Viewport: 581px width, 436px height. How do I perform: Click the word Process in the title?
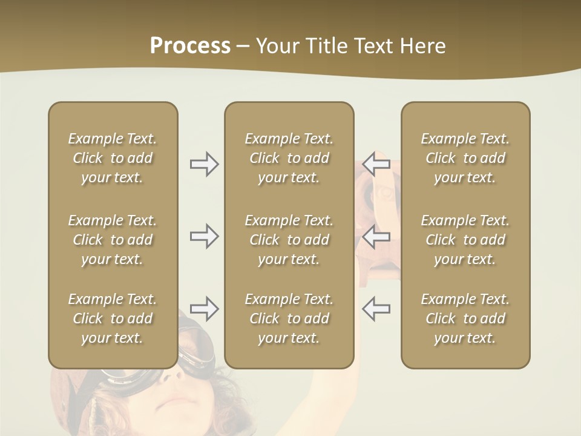[190, 46]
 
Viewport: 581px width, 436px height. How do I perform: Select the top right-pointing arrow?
[205, 164]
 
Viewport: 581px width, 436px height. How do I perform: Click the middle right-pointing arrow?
[205, 236]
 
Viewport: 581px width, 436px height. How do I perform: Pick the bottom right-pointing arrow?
[205, 309]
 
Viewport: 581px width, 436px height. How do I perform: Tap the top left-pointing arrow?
[376, 164]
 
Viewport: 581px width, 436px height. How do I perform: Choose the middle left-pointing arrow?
[376, 236]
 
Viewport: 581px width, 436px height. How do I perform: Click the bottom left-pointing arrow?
[376, 309]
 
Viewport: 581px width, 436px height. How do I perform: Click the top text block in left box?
[113, 158]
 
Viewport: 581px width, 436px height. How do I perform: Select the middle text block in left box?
[113, 240]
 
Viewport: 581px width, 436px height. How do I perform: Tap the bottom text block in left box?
[113, 319]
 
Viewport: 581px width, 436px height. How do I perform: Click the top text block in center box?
[289, 158]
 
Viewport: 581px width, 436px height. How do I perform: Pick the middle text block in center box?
[289, 240]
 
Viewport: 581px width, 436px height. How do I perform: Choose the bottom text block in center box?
[289, 319]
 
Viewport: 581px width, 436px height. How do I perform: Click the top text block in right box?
[465, 158]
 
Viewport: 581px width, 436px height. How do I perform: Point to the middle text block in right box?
[465, 240]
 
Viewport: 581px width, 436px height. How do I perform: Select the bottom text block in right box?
[465, 319]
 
